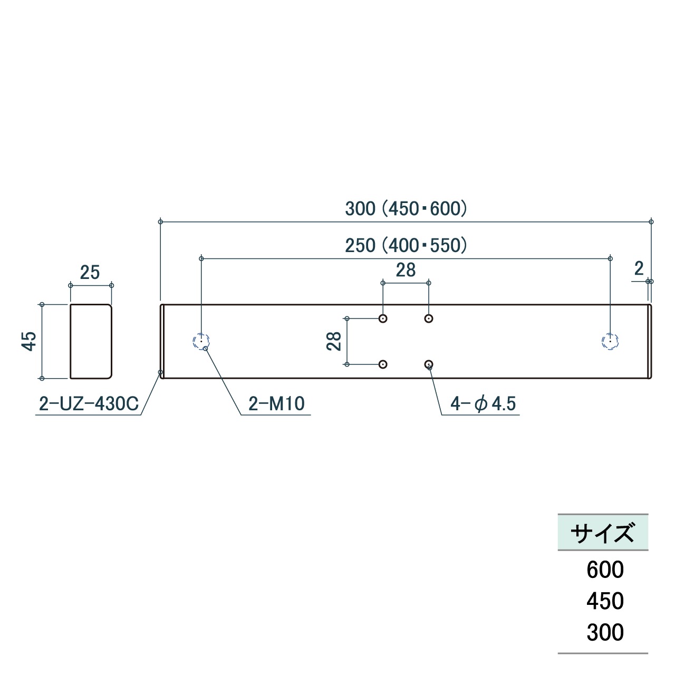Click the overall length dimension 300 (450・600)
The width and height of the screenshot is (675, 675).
[x=406, y=208]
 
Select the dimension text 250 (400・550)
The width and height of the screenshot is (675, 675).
[x=406, y=245]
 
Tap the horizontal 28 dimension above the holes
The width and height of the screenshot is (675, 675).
[x=406, y=269]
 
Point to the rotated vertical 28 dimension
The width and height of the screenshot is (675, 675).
[x=333, y=341]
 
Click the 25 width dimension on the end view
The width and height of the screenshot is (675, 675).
[x=90, y=273]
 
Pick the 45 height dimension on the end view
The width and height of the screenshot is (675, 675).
[x=29, y=341]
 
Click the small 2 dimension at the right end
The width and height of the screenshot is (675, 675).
[x=639, y=268]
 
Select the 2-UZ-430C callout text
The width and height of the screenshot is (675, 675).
[x=89, y=403]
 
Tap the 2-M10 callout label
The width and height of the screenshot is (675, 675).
[x=277, y=403]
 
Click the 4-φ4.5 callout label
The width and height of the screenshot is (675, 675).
[x=483, y=404]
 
